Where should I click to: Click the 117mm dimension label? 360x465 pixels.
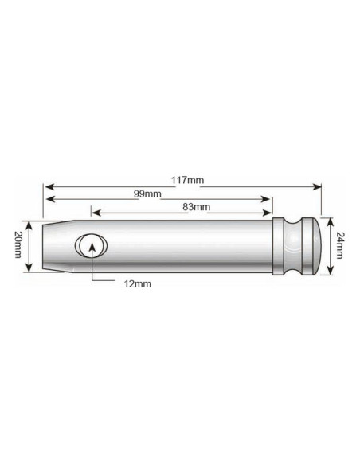click(x=184, y=181)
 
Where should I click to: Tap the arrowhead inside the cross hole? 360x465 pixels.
click(x=92, y=244)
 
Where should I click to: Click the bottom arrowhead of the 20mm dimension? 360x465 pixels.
click(x=30, y=270)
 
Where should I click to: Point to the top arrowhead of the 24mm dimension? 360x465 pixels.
click(x=327, y=220)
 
